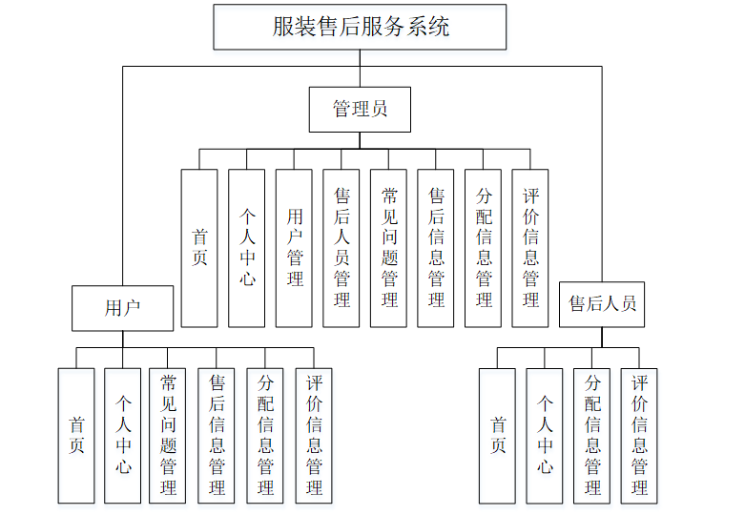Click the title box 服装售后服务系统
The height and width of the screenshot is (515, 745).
(x=361, y=27)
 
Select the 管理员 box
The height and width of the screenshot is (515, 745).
(x=360, y=110)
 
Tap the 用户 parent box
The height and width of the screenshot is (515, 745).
(x=122, y=308)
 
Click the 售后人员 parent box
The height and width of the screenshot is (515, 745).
(x=602, y=304)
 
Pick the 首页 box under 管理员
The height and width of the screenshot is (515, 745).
(x=199, y=248)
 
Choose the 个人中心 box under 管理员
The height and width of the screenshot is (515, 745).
(x=246, y=248)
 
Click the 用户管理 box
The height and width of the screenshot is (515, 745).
(x=294, y=248)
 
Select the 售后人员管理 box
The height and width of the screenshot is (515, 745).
(x=341, y=248)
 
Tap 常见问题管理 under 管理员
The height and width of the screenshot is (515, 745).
(x=388, y=248)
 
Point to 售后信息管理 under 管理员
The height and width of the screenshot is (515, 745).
(x=436, y=248)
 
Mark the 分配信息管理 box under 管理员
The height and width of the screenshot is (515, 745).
(x=483, y=248)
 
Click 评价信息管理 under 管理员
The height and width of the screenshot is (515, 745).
(x=530, y=248)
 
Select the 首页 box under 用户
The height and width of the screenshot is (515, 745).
(x=76, y=436)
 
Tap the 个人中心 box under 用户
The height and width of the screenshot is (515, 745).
(x=123, y=436)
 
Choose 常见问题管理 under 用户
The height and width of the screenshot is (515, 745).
(x=168, y=436)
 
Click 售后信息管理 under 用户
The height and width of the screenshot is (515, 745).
(x=217, y=436)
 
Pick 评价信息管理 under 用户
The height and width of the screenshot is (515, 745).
(x=314, y=436)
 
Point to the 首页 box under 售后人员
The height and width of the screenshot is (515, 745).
(x=497, y=436)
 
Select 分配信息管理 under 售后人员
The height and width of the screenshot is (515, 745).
(x=592, y=436)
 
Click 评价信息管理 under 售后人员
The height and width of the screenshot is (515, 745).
(x=639, y=436)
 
